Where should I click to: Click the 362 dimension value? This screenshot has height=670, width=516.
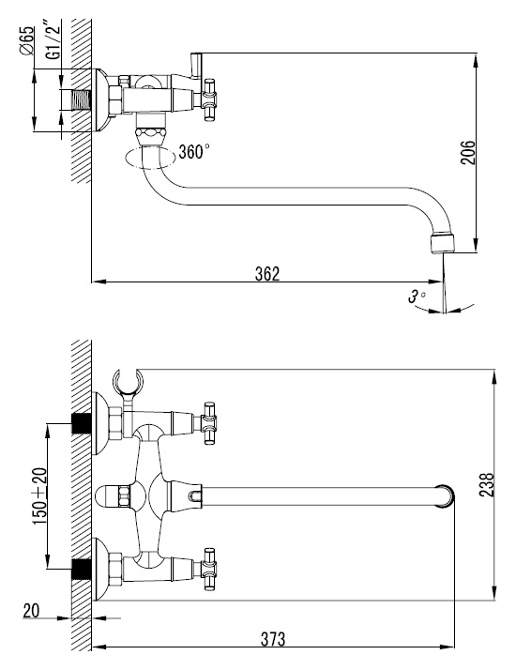pos(267,273)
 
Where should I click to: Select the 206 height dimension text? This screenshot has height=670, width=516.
pos(468,152)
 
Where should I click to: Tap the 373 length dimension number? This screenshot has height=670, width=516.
pos(272,639)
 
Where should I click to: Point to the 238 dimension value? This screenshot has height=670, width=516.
pos(487,484)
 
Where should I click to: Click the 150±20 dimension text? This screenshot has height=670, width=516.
pos(39,497)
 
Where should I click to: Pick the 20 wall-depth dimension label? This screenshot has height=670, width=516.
pos(31,611)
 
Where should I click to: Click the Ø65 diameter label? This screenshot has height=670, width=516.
pos(25,40)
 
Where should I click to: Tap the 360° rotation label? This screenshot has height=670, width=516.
pos(194,151)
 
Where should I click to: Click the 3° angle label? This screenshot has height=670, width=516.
pos(417,296)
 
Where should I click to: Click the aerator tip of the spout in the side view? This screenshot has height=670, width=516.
pos(444,243)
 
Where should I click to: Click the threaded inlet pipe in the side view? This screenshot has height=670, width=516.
pos(76,100)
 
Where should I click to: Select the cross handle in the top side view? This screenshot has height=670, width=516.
pos(209,99)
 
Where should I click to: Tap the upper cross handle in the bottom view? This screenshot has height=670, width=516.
pos(209,422)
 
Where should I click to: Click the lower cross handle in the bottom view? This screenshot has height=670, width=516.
pos(209,570)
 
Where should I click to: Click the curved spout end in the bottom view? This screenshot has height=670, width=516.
pos(446,496)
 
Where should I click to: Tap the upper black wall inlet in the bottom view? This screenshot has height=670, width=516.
pos(82,423)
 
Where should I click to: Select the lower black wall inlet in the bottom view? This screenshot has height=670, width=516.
pos(82,569)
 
